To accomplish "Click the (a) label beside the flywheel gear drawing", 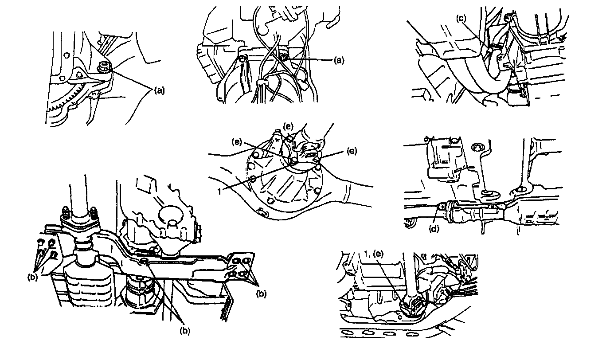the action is [159, 91].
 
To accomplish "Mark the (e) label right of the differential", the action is [352, 151].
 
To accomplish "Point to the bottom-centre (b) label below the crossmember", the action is [185, 330].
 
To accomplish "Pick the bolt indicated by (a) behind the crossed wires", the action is [285, 57].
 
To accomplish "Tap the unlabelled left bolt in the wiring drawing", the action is [242, 59].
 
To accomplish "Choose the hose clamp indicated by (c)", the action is [493, 47].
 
